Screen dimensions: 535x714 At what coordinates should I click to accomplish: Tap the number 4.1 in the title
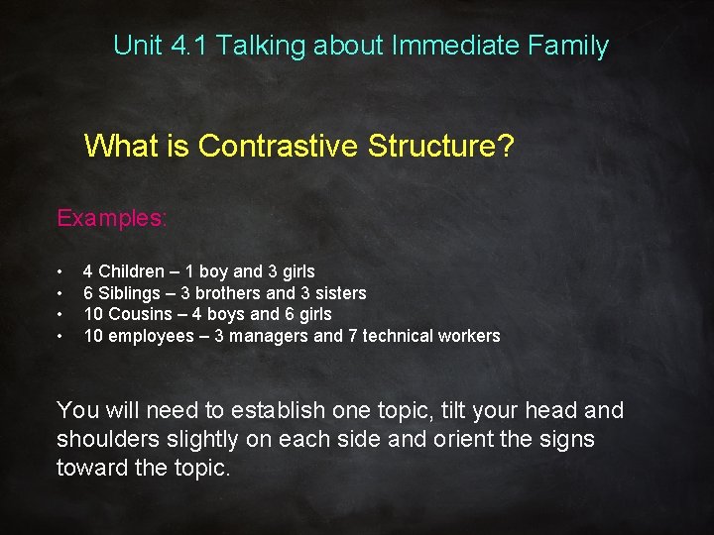point(186,46)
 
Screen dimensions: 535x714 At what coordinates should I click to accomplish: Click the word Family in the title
point(571,46)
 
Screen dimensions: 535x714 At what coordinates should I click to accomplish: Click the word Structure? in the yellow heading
point(445,147)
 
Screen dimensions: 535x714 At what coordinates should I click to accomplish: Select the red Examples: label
point(112,218)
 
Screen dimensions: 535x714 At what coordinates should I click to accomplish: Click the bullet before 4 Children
point(61,271)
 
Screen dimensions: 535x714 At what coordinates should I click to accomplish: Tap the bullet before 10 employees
point(61,337)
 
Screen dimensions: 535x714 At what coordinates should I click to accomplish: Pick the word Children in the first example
point(132,271)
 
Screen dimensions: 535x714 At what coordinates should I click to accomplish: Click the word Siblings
point(131,293)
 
